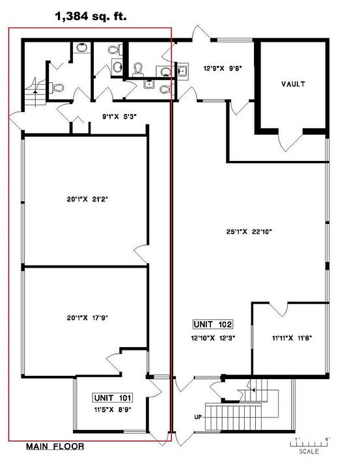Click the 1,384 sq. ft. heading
coord(91,16)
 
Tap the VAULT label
coord(293,84)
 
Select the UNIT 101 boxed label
coord(113,398)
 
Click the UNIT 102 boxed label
coord(213,324)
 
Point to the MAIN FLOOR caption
coord(55,447)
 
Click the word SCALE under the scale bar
coord(309,451)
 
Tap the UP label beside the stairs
coord(198,417)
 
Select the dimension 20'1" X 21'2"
coord(87,199)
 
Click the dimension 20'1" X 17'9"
coord(87,318)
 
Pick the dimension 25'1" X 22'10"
coord(249,231)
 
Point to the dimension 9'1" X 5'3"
coord(119,117)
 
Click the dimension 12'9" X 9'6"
coord(223,68)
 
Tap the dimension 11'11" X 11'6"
coord(292,338)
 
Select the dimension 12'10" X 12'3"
coord(213,338)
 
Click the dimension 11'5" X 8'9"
coord(113,410)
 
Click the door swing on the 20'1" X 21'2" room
coord(141,254)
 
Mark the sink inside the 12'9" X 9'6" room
coord(182,72)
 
